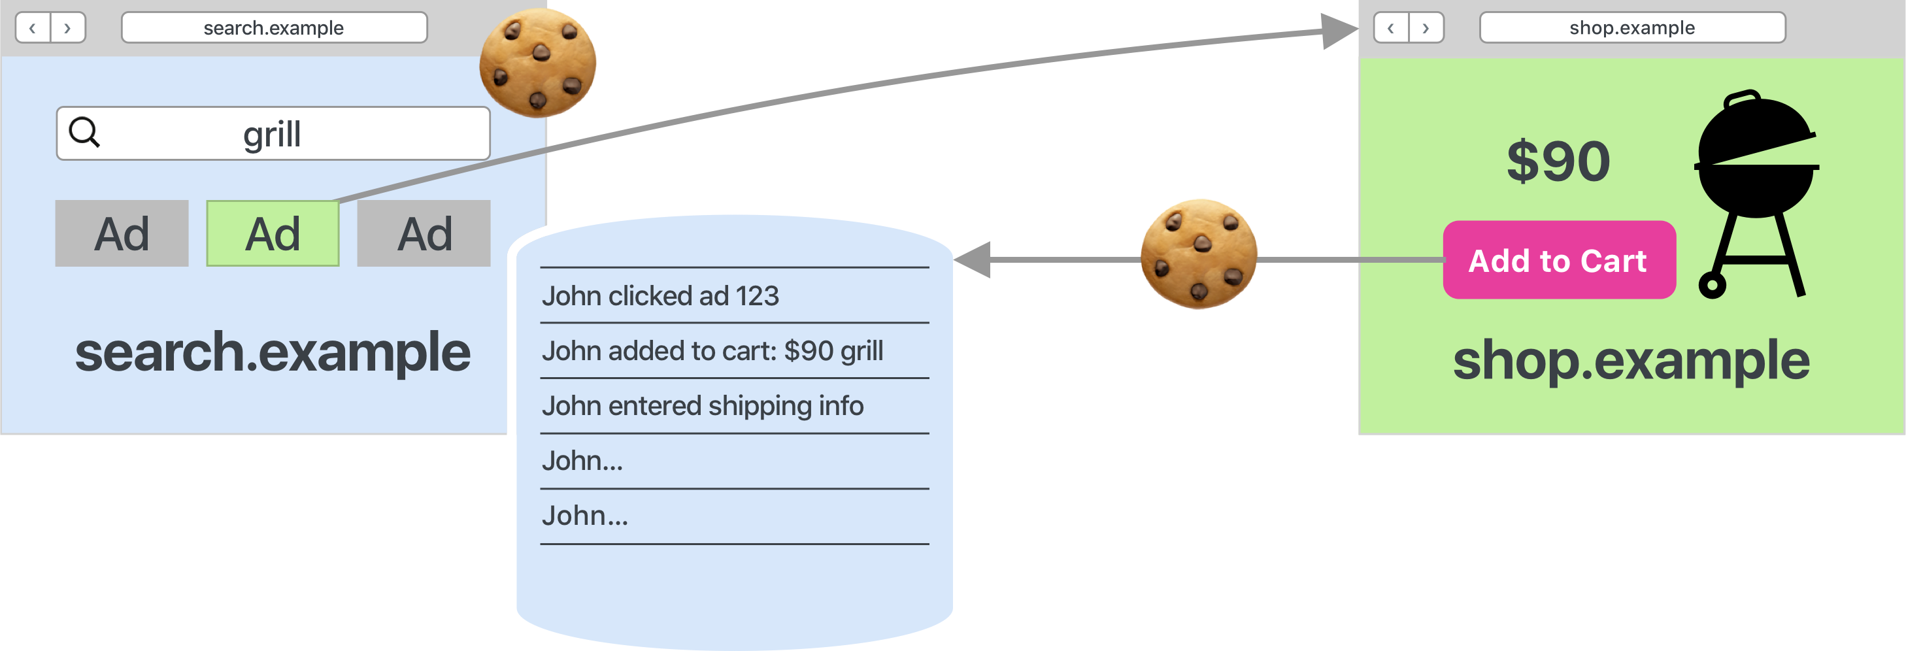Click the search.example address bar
274,28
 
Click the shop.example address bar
1632,28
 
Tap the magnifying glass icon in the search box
84,133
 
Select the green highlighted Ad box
273,233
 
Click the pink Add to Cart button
1559,259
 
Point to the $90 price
1558,161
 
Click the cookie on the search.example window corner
537,63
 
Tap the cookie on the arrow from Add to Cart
1199,254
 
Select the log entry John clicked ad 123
660,296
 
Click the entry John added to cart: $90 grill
712,350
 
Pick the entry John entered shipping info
702,405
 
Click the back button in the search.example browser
33,28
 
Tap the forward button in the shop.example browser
1426,28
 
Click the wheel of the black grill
1711,285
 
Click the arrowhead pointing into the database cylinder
971,259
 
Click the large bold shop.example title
1631,360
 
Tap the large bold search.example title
273,353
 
